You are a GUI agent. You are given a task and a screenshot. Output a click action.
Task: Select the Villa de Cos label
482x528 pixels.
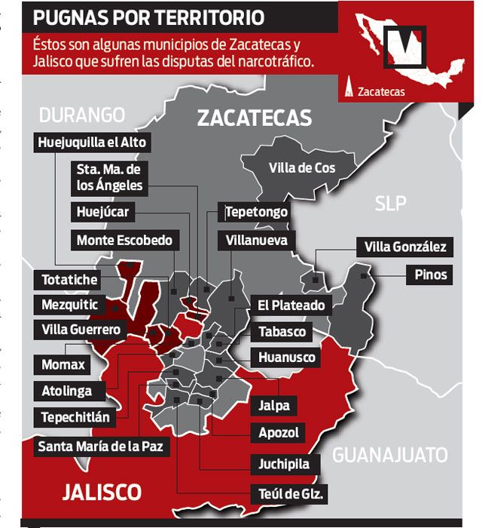[301, 167]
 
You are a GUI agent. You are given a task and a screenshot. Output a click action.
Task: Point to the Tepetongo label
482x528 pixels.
[256, 212]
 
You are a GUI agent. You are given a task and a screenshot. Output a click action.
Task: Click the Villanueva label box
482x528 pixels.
[256, 241]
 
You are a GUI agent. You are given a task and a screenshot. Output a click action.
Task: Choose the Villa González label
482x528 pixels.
[405, 247]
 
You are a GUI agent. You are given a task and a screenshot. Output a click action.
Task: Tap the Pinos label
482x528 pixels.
[430, 274]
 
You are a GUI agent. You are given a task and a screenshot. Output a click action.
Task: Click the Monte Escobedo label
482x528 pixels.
[124, 241]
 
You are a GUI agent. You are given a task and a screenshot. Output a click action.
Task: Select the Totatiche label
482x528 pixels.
[69, 280]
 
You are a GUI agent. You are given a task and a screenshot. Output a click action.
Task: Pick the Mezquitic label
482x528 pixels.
[70, 305]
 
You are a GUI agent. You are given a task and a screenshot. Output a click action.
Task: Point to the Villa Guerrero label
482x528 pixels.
[81, 330]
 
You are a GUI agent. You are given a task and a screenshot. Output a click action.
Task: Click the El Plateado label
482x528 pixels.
[291, 305]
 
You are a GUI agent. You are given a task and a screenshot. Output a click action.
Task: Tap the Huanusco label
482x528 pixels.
[287, 357]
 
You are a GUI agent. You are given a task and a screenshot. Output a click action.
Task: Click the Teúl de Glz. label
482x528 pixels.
[290, 495]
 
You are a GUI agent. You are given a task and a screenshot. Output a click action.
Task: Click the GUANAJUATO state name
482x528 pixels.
[389, 455]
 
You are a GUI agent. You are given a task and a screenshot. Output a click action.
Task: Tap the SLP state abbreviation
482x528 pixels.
[390, 203]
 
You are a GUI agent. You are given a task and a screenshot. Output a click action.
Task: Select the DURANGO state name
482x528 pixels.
[81, 115]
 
